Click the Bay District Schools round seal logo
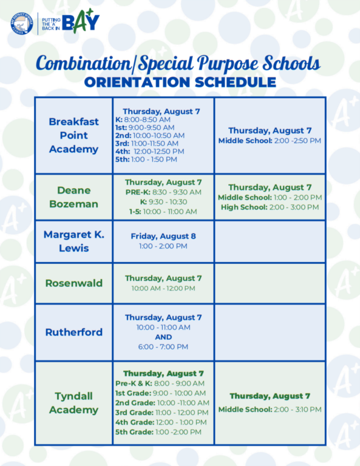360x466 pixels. coord(22,24)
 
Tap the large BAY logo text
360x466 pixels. coord(81,21)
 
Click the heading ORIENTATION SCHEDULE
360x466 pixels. coord(180,83)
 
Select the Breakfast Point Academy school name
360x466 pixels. coord(73,135)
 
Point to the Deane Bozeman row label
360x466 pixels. coord(73,197)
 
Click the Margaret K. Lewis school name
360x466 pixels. coord(73,241)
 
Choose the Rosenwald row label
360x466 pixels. coord(73,283)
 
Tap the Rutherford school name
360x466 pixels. coord(73,332)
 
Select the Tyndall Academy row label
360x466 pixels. coord(73,403)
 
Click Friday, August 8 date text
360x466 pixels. coord(163,236)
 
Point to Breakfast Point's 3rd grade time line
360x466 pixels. coord(147,144)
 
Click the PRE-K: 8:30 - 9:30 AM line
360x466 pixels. coord(163,192)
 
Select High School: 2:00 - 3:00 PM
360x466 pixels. coord(270,207)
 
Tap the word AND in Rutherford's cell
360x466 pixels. coord(163,337)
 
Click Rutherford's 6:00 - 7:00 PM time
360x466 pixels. coord(163,347)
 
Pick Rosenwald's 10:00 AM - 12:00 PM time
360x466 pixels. coord(163,288)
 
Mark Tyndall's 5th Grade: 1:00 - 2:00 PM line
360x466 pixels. coord(158,432)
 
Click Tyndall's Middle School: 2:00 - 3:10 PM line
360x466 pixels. coord(270,410)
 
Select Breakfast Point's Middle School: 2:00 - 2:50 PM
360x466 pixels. coord(270,141)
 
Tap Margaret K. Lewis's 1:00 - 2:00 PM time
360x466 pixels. coord(163,246)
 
